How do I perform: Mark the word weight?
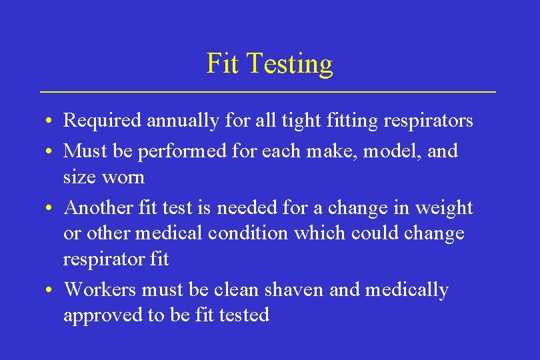coord(443,208)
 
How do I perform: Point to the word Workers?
coord(103,290)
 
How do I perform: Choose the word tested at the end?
coord(244,315)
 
